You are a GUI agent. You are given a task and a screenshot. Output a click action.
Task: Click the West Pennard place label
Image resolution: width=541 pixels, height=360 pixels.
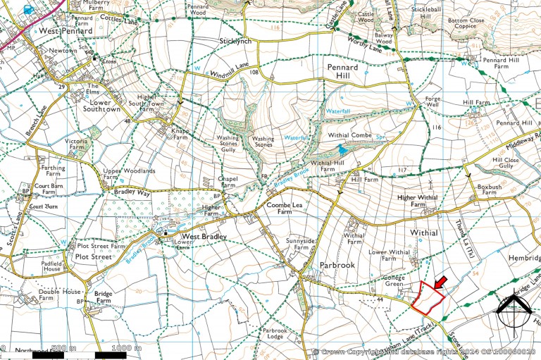click(x=66, y=31)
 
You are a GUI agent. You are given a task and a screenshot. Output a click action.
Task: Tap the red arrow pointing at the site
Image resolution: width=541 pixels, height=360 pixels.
click(x=440, y=283)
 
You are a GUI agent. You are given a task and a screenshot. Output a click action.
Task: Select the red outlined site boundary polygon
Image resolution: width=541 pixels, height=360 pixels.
click(x=427, y=298)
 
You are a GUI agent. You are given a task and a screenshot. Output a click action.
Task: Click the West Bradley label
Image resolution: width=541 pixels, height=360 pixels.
click(x=204, y=237)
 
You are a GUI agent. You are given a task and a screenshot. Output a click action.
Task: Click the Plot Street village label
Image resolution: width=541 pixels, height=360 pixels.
click(x=94, y=258)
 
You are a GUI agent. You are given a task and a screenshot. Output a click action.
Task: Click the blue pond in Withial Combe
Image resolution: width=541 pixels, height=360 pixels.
click(x=342, y=149)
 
